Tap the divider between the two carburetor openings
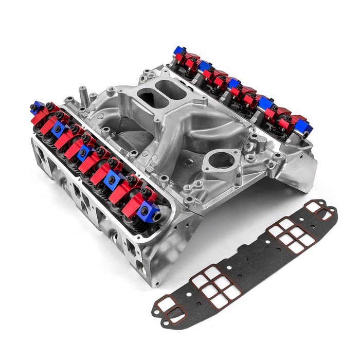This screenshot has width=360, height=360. click(x=154, y=91)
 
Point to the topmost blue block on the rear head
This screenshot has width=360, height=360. click(x=179, y=50)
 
